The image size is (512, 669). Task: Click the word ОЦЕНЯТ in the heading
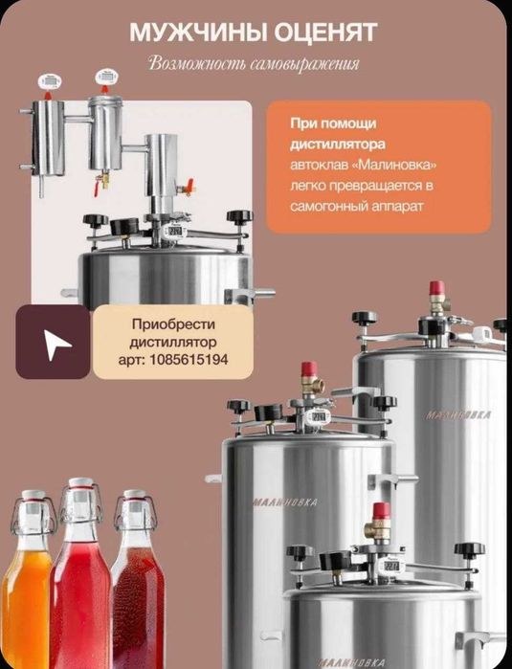[325, 32]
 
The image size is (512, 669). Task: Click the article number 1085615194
[189, 360]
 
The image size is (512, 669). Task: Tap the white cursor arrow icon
[56, 344]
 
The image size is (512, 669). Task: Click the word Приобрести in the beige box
[173, 324]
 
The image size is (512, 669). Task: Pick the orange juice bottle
[28, 580]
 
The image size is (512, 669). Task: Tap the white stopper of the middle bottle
[81, 482]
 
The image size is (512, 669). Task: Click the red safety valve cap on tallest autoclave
[436, 287]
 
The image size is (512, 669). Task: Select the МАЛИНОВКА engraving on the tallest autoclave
[457, 415]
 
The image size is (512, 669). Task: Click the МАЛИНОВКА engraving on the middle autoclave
[285, 502]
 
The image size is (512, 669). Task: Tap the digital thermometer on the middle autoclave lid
[318, 416]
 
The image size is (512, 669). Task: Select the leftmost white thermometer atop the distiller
[50, 80]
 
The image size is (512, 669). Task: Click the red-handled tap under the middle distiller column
[99, 185]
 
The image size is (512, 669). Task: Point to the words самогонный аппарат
[357, 206]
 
